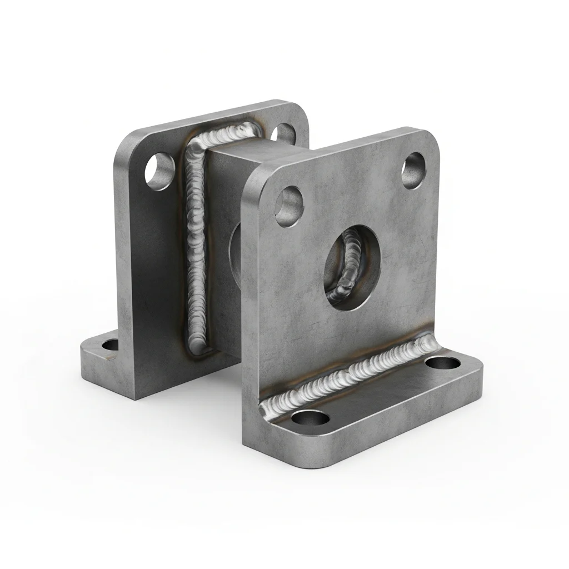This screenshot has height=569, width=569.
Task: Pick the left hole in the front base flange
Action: pos(307,418)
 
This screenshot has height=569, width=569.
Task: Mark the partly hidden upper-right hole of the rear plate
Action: pos(283,132)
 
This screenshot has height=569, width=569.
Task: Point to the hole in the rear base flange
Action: pos(111,345)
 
